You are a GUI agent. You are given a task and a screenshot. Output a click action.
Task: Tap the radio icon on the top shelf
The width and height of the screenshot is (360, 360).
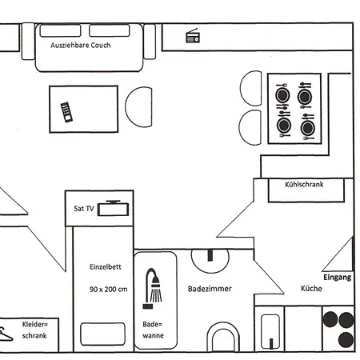[x=193, y=36]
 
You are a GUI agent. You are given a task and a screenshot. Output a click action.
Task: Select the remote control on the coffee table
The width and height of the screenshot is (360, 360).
[x=66, y=112]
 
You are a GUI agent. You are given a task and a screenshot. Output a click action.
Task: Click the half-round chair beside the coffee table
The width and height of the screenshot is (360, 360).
[x=139, y=106]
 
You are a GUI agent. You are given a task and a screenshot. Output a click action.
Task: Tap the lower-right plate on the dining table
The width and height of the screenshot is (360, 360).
[x=307, y=126]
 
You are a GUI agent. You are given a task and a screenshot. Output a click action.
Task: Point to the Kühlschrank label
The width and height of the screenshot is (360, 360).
[x=304, y=185]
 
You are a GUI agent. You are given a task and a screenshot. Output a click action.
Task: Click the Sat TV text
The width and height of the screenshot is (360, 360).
[x=84, y=208]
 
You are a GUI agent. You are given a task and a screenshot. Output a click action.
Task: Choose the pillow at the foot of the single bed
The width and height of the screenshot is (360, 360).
[x=102, y=334]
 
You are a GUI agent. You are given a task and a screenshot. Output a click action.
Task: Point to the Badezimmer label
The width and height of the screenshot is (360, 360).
[x=210, y=289]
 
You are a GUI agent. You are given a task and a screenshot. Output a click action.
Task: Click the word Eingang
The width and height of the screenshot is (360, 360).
[x=337, y=277]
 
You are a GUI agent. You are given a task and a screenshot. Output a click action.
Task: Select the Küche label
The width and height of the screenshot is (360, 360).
[x=311, y=289]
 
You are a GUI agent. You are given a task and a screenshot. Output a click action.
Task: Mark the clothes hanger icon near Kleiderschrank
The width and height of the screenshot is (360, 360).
[x=6, y=334]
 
